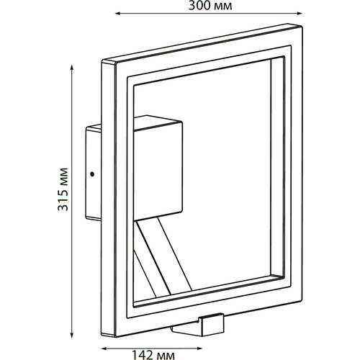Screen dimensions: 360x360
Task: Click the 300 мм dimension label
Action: point(210,6)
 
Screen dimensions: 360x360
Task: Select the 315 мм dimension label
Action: point(63,189)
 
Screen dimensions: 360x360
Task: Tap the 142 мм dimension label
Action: point(153,355)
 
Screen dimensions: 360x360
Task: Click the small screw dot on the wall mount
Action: point(91,174)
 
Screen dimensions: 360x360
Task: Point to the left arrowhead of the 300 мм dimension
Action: point(117,14)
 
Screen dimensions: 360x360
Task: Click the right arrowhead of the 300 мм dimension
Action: point(300,14)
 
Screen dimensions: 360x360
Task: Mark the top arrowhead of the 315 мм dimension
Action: point(71,67)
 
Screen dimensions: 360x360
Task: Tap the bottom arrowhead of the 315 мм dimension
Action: point(71,335)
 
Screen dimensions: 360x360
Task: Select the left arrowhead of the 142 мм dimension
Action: point(104,348)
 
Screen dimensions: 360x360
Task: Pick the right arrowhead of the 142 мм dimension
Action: point(199,348)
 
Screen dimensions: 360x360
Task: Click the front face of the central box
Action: point(158,171)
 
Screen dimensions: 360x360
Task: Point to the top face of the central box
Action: point(158,123)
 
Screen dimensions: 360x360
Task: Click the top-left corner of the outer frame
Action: point(102,60)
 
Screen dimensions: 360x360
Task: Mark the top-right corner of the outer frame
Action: point(302,26)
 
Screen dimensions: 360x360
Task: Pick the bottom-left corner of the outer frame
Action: point(102,335)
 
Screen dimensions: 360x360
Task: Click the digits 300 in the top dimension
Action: point(199,6)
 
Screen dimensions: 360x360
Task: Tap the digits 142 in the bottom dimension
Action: point(142,355)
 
